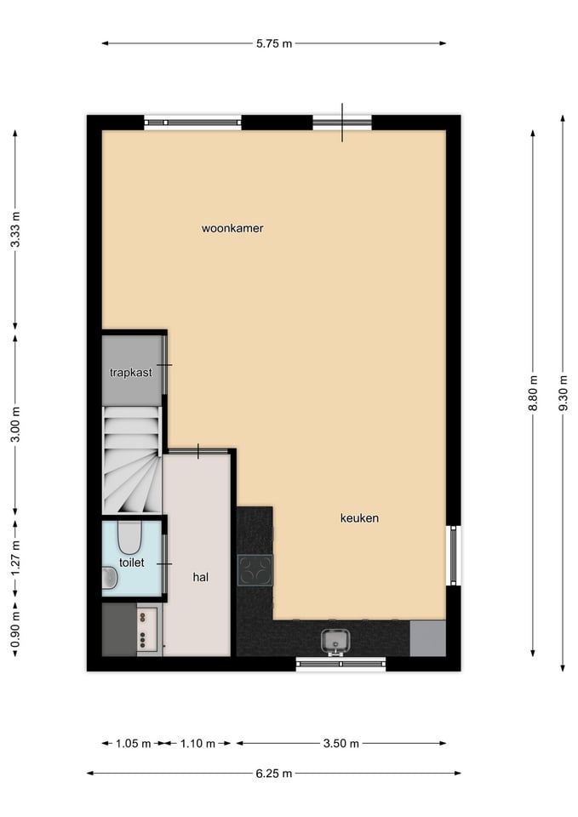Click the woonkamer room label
pyautogui.click(x=232, y=228)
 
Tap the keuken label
pyautogui.click(x=359, y=518)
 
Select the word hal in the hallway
pyautogui.click(x=201, y=577)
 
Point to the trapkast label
pyautogui.click(x=131, y=373)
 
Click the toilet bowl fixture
pyautogui.click(x=129, y=537)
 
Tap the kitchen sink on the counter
pyautogui.click(x=335, y=641)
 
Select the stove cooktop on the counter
pyautogui.click(x=255, y=570)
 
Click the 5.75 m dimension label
pyautogui.click(x=274, y=43)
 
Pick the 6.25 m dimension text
pyautogui.click(x=274, y=774)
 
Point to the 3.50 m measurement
pyautogui.click(x=341, y=744)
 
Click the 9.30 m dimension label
pyautogui.click(x=563, y=393)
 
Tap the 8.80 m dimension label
pyautogui.click(x=533, y=393)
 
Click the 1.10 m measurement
pyautogui.click(x=198, y=744)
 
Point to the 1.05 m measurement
pyautogui.click(x=134, y=744)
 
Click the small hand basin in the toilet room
pyautogui.click(x=110, y=578)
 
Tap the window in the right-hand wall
pyautogui.click(x=454, y=556)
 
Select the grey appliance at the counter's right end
pyautogui.click(x=427, y=638)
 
